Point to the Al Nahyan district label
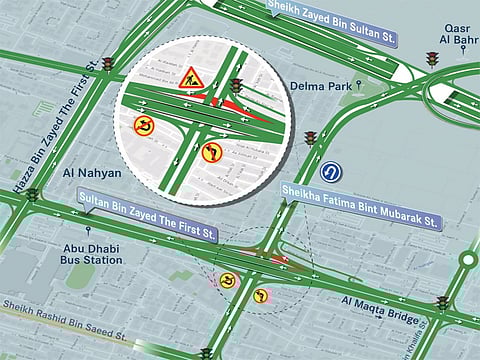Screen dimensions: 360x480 91,173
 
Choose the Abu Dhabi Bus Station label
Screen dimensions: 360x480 91,252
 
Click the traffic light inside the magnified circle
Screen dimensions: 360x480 237,86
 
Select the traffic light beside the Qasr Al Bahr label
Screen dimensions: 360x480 432,59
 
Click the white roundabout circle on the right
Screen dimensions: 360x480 467,260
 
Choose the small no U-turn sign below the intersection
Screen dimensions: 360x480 228,280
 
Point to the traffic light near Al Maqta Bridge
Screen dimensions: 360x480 441,302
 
